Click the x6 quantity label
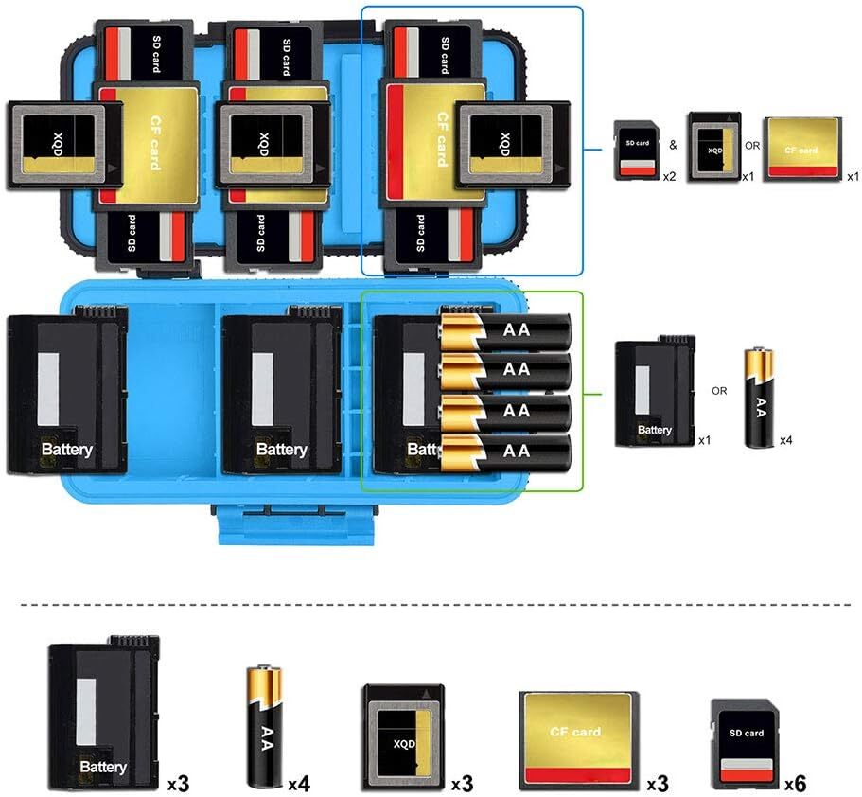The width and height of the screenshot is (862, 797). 795,785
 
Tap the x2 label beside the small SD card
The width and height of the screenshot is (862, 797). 668,177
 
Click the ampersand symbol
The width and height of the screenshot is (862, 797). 673,147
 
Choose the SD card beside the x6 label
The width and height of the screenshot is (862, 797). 746,743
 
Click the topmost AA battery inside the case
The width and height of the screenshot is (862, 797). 506,331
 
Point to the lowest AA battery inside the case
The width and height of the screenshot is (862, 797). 506,452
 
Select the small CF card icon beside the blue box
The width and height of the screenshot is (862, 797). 801,149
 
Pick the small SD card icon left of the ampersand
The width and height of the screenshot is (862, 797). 635,150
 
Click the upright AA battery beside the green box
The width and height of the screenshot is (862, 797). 759,397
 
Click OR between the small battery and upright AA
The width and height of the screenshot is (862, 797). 719,390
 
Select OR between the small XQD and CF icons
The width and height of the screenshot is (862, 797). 752,147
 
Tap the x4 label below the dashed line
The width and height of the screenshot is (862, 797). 299,785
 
